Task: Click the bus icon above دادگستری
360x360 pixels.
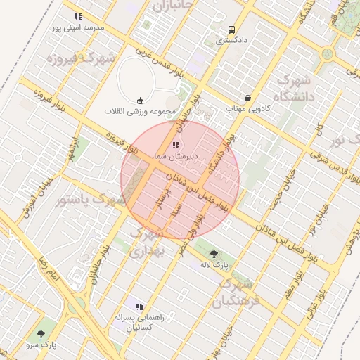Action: click(x=231, y=30)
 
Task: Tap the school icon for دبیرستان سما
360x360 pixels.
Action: click(x=175, y=143)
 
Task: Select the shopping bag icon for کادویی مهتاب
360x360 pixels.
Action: click(x=247, y=98)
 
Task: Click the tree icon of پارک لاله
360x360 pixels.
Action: click(x=214, y=254)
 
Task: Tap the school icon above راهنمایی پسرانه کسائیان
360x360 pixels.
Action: click(x=139, y=307)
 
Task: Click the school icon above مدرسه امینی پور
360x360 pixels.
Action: click(x=77, y=16)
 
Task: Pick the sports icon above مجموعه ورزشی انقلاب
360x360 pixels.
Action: click(x=139, y=99)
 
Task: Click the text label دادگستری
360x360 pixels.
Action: click(x=231, y=41)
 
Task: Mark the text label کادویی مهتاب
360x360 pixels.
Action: click(x=248, y=109)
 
